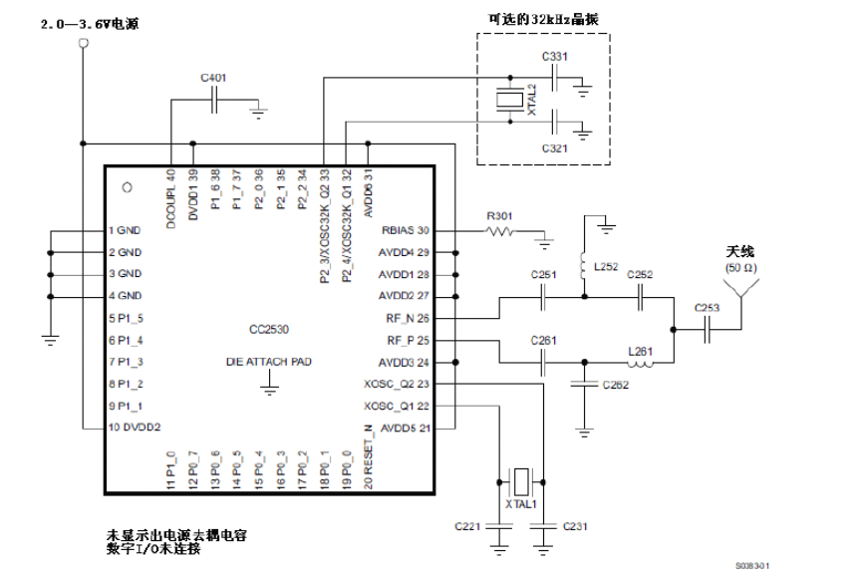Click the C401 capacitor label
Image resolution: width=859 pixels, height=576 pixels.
point(212,77)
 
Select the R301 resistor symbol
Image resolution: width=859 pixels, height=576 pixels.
point(498,230)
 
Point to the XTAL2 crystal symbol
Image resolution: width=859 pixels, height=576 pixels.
point(509,100)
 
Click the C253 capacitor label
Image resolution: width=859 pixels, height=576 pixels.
point(708,308)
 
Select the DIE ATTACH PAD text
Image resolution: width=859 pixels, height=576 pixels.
point(269,363)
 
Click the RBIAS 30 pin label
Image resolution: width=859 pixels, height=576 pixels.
point(405,230)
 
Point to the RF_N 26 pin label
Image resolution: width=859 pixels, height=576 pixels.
point(408,318)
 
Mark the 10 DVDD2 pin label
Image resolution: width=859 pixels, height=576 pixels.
point(135,428)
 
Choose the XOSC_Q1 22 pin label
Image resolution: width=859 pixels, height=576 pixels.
point(397,406)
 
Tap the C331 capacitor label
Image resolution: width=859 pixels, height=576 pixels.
point(555,57)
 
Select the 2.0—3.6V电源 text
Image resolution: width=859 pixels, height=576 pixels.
point(90,22)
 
